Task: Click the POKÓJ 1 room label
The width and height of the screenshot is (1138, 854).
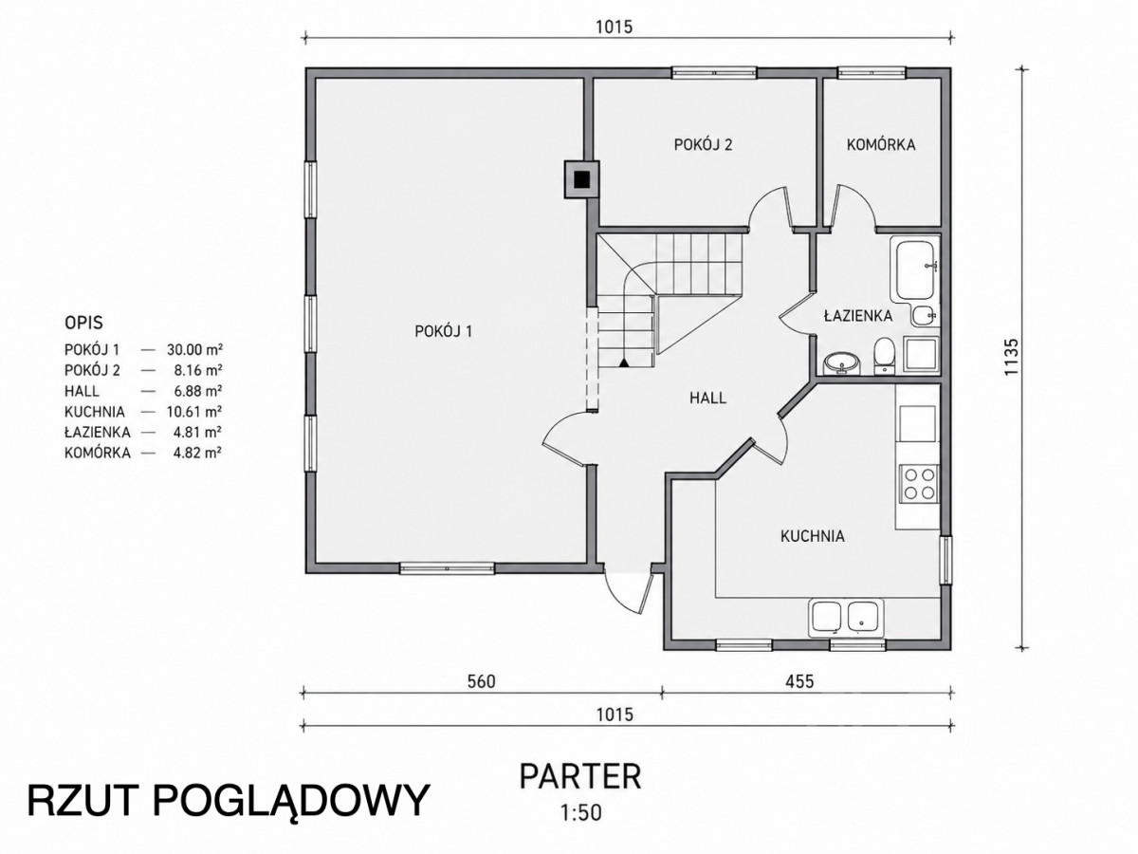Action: pyautogui.click(x=443, y=331)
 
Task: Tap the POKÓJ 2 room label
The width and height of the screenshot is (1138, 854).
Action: pyautogui.click(x=703, y=144)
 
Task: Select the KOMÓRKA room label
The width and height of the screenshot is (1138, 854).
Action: pyautogui.click(x=881, y=144)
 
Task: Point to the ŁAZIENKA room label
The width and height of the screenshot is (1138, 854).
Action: pyautogui.click(x=858, y=316)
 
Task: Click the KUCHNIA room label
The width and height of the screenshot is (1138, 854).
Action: pyautogui.click(x=813, y=536)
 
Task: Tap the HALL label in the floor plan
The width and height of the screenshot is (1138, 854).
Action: pyautogui.click(x=707, y=398)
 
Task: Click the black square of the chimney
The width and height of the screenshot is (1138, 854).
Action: pyautogui.click(x=582, y=179)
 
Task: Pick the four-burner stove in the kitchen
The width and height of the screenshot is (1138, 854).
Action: pyautogui.click(x=919, y=484)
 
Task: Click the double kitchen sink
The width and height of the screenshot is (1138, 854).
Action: pyautogui.click(x=847, y=618)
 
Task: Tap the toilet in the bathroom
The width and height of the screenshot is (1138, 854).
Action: pyautogui.click(x=883, y=356)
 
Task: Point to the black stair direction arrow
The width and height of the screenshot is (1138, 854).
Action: pyautogui.click(x=624, y=362)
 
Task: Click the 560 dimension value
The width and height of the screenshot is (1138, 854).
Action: pyautogui.click(x=481, y=681)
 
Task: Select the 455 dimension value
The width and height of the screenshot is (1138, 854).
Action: pyautogui.click(x=799, y=681)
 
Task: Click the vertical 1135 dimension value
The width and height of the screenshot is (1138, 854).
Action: pyautogui.click(x=1012, y=358)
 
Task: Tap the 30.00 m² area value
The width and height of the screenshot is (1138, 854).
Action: pyautogui.click(x=194, y=349)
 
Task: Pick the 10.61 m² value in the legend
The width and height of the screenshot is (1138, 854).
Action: pyautogui.click(x=194, y=412)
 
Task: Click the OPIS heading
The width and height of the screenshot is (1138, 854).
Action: pyautogui.click(x=84, y=323)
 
